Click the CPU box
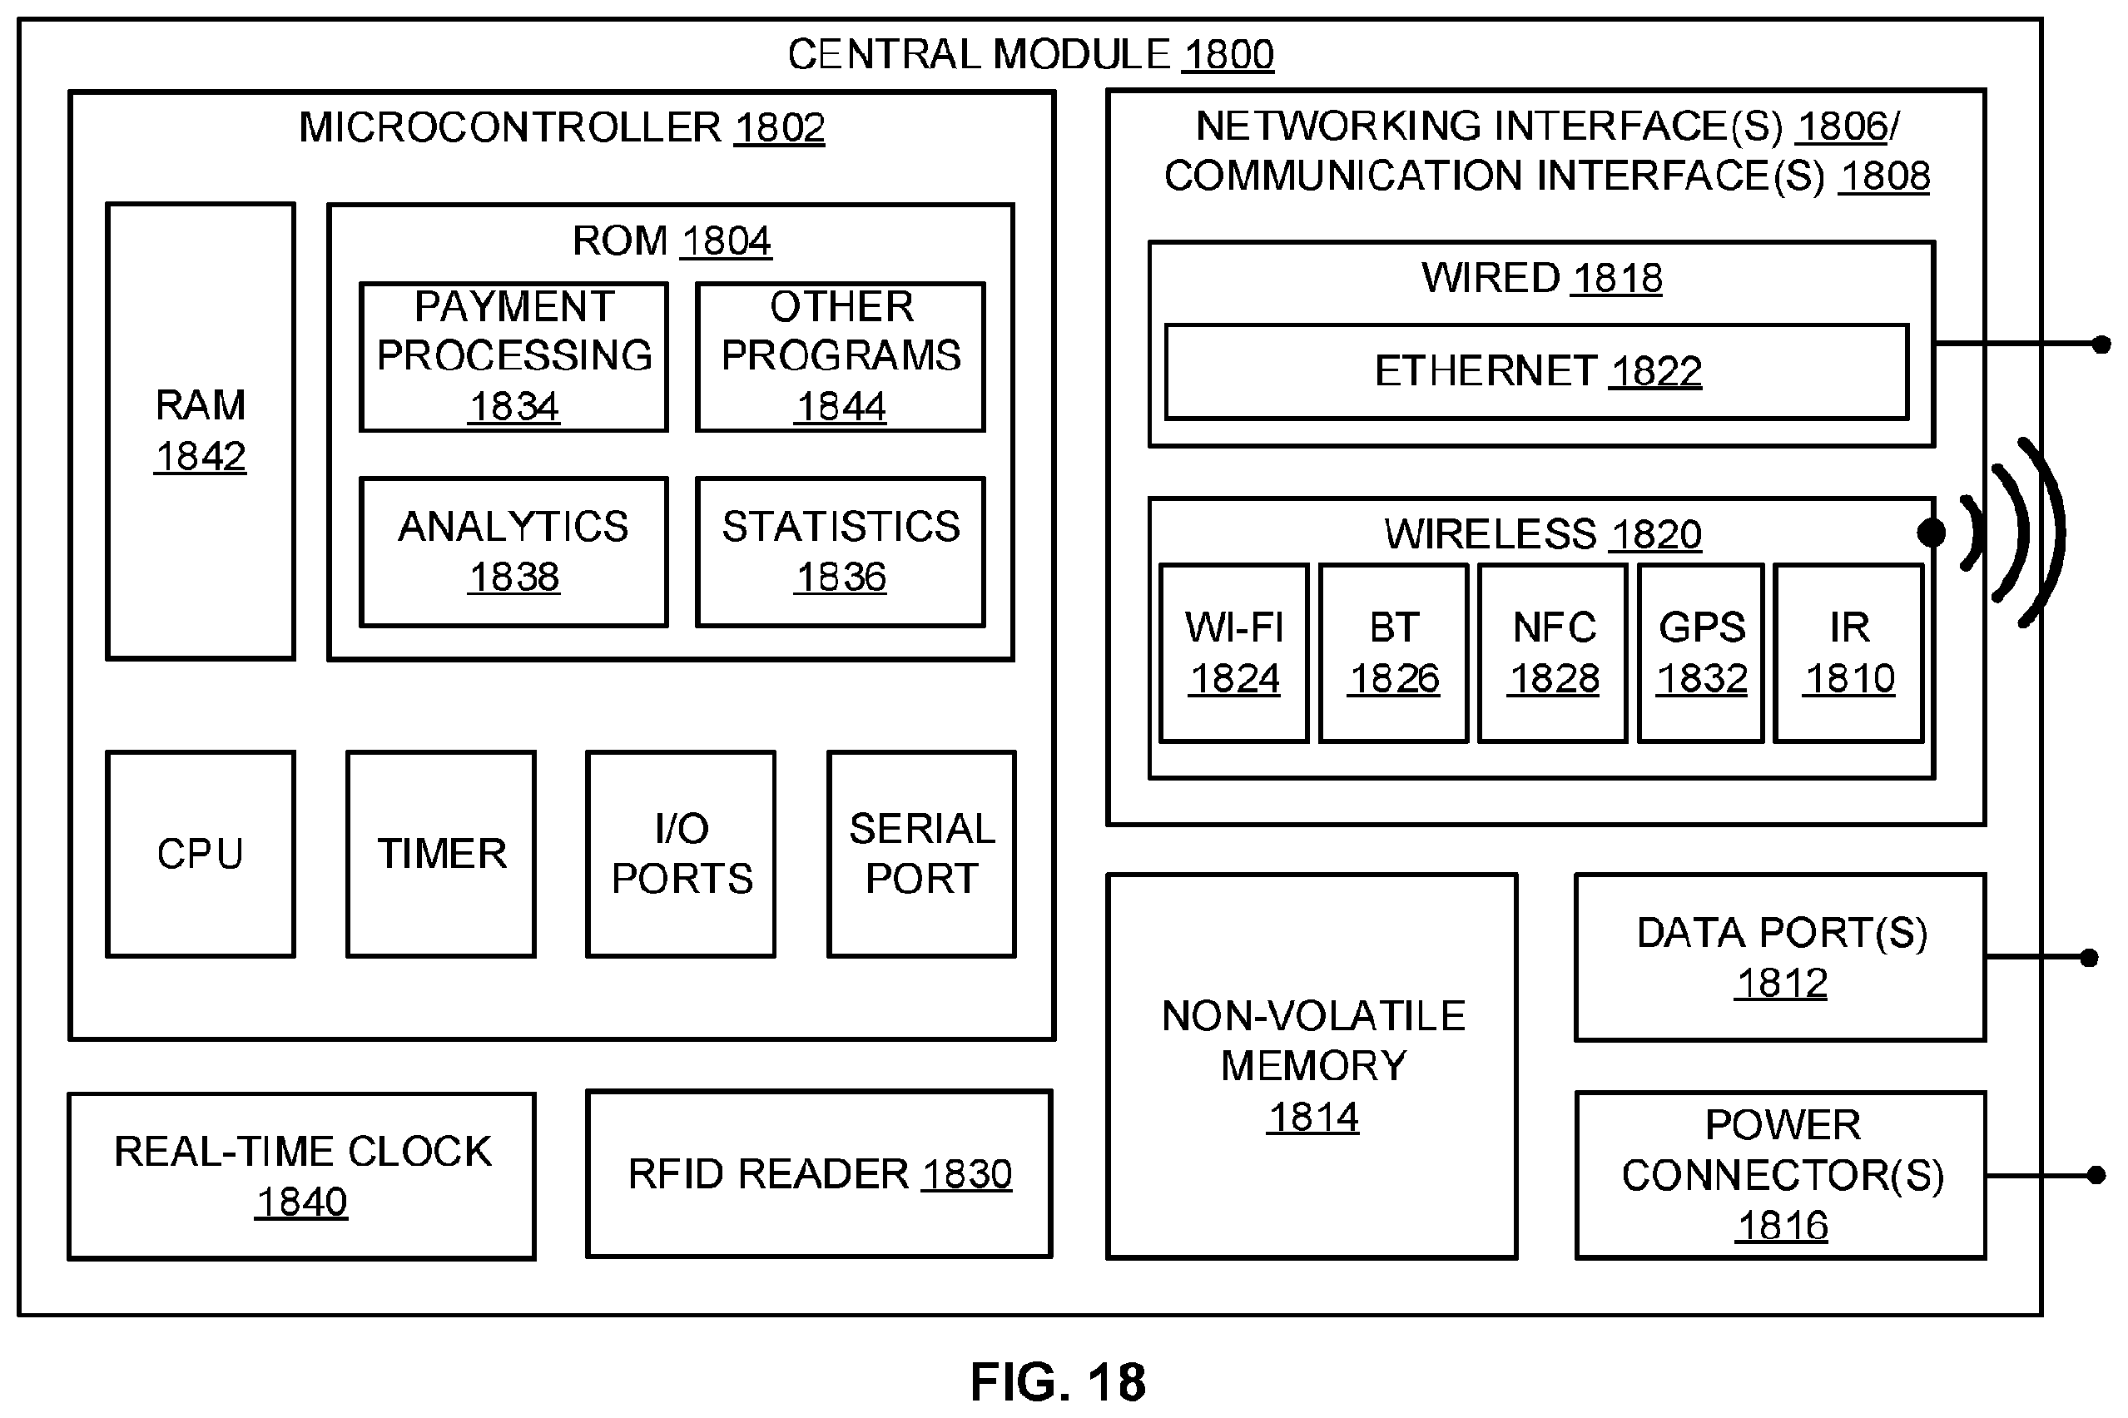(x=200, y=854)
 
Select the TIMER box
(x=441, y=854)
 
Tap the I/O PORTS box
(x=681, y=854)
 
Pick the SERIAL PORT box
(x=921, y=854)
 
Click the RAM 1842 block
(x=200, y=431)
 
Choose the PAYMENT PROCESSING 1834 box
(x=513, y=357)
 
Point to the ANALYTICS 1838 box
(x=513, y=552)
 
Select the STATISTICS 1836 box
(x=841, y=552)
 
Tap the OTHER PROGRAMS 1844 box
(x=841, y=357)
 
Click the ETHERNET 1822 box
(x=1536, y=372)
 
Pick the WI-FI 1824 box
(x=1233, y=653)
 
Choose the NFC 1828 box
(x=1553, y=653)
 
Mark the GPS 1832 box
(x=1701, y=653)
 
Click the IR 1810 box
(x=1848, y=653)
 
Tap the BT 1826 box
(x=1394, y=653)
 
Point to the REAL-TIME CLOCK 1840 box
(x=302, y=1176)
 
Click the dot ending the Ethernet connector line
(x=2101, y=345)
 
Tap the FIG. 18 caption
(x=1058, y=1382)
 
